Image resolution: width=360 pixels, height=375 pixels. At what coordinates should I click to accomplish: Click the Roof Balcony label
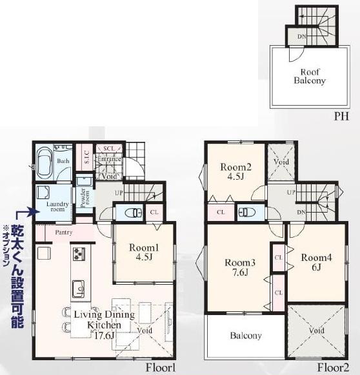coord(309,76)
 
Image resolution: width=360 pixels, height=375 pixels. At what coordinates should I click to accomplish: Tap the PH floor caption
coord(341,117)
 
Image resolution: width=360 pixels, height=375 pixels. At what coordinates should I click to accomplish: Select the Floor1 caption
coord(161,368)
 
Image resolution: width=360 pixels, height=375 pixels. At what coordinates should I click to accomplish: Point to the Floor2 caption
coord(333,368)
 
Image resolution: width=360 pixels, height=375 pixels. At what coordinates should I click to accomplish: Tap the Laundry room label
coord(56,206)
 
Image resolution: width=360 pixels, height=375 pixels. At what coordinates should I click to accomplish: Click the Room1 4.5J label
coord(143,252)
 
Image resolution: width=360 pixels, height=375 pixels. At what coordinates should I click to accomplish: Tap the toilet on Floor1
coord(130,212)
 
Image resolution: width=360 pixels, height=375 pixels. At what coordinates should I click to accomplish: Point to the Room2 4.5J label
coord(235,172)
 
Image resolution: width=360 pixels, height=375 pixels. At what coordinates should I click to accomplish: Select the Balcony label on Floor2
coord(245,336)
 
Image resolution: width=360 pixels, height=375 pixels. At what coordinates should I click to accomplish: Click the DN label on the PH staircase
coord(301,37)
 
